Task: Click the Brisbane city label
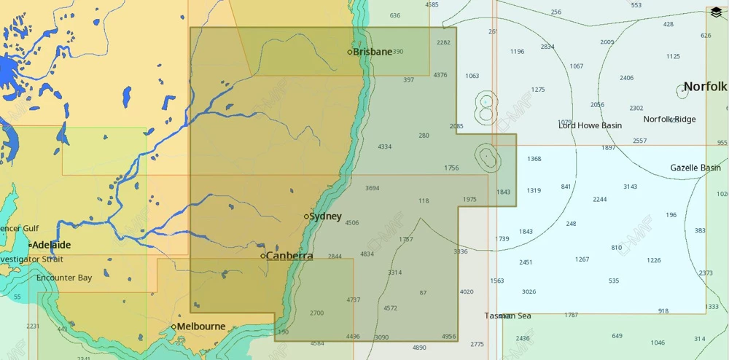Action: [373, 52]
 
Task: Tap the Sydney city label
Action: [325, 216]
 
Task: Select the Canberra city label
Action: [289, 256]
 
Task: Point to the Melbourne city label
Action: [201, 326]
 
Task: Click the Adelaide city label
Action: [51, 245]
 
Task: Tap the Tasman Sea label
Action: [508, 316]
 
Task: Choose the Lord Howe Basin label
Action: [590, 125]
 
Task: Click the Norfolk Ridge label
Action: [669, 119]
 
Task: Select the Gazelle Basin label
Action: [695, 168]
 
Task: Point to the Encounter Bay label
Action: [64, 278]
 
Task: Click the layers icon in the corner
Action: [716, 12]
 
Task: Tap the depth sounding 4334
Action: [385, 146]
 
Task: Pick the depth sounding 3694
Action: [373, 188]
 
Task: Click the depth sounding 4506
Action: [352, 223]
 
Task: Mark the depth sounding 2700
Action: [316, 313]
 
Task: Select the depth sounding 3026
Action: [529, 291]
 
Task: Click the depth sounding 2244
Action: [600, 199]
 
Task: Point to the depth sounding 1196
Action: [518, 52]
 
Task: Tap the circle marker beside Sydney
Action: [306, 216]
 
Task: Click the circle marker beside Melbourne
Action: [174, 326]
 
